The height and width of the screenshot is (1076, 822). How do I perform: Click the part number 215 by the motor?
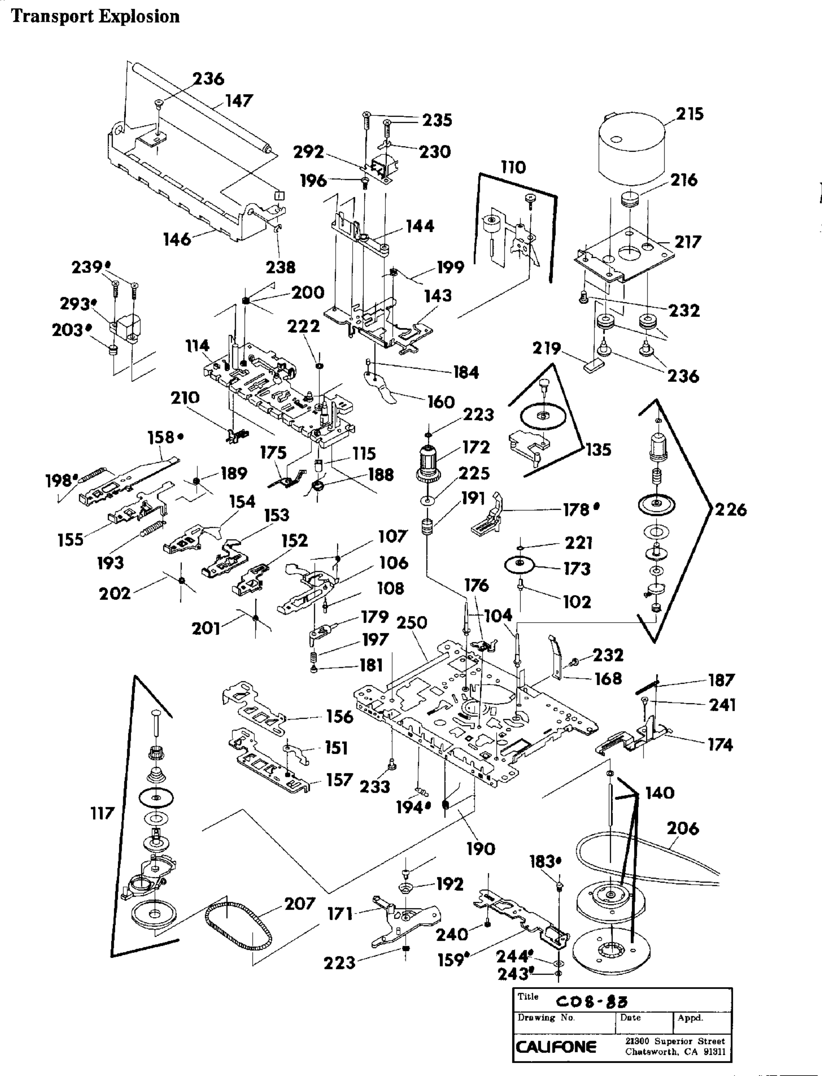690,114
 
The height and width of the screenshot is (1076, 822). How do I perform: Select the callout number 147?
239,101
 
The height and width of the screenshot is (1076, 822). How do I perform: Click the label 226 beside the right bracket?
731,509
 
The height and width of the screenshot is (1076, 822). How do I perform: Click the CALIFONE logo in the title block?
556,1047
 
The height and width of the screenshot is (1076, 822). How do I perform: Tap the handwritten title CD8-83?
592,1003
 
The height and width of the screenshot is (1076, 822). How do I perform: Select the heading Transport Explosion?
96,16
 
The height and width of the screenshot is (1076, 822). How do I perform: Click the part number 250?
412,622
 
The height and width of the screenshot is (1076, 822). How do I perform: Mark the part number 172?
476,447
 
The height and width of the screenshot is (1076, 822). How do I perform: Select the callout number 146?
177,239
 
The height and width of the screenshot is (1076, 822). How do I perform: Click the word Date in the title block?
630,1018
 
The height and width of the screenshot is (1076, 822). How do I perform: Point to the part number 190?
481,849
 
